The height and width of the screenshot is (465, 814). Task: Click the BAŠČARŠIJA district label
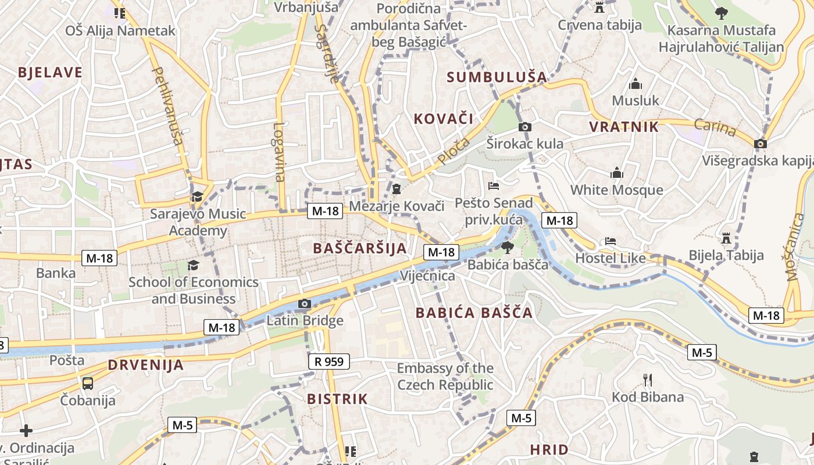360,248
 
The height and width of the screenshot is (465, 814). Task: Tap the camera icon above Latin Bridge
304,303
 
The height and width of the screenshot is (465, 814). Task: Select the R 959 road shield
329,362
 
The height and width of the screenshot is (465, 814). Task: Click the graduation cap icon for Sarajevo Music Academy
197,196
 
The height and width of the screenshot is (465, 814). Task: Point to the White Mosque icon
617,173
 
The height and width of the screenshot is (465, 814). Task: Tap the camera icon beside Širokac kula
525,127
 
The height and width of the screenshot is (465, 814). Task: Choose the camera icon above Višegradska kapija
760,144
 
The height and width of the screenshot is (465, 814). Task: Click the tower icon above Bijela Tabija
726,238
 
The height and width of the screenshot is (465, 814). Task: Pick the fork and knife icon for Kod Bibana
647,380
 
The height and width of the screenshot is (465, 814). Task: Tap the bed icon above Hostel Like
610,241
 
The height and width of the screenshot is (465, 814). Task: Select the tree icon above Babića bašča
508,248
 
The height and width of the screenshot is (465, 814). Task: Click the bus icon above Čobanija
87,384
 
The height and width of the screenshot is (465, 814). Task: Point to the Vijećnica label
427,276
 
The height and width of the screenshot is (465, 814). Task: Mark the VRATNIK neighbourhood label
624,127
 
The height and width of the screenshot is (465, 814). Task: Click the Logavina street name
280,152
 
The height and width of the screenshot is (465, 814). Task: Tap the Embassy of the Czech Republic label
445,376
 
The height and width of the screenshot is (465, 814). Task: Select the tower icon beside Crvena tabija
599,7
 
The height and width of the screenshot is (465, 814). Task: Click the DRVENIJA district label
145,365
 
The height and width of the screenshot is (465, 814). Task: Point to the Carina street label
715,127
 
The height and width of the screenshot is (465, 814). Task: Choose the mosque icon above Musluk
636,84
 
